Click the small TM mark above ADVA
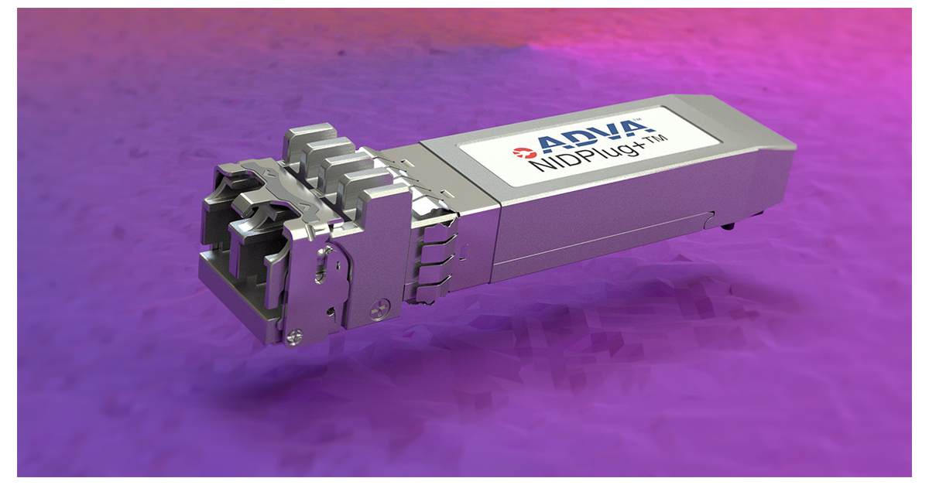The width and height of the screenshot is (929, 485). [x=639, y=121]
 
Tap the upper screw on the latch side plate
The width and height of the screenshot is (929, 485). [x=378, y=309]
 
